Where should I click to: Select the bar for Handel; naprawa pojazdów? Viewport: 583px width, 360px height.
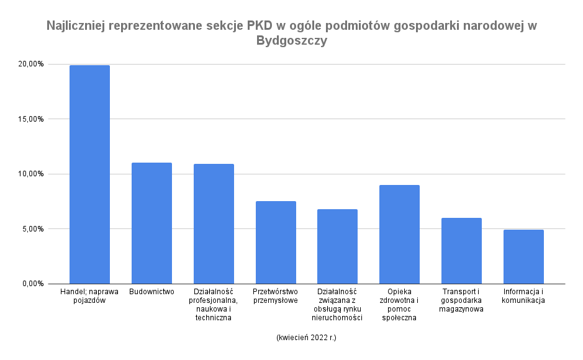89,174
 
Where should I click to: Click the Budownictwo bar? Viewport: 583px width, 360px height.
151,223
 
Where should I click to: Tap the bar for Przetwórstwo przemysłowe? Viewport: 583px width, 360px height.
276,243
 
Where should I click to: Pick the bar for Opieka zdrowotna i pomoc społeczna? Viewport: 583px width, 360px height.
399,235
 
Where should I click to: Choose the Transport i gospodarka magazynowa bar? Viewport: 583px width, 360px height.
461,251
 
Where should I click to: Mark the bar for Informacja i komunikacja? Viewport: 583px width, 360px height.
523,257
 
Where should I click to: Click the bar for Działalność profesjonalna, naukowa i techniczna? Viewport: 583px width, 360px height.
214,224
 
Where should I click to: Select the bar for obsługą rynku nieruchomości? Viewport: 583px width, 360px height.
337,246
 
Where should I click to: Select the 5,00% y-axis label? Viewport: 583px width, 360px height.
33,229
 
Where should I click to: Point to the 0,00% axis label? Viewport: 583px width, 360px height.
33,284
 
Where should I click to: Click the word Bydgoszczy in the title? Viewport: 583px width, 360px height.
291,42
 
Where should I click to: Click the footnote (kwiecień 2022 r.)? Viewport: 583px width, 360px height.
306,338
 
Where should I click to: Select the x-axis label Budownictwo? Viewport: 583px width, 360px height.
152,291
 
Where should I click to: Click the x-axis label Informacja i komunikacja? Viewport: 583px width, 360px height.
523,295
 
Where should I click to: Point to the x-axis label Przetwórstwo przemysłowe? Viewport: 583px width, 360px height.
276,295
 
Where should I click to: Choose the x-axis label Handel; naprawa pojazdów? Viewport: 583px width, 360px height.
89,295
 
